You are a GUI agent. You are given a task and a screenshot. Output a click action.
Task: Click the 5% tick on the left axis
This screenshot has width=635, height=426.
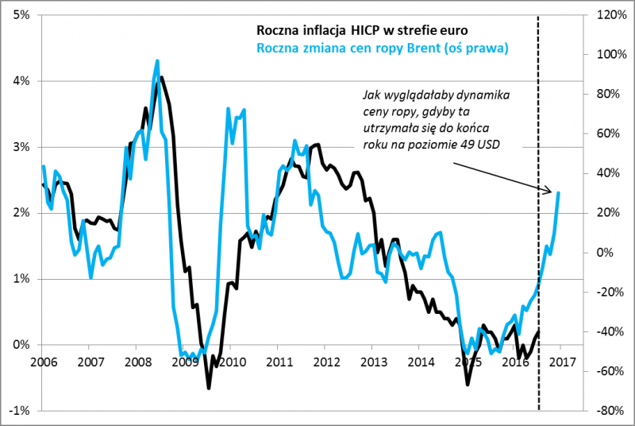coord(21,15)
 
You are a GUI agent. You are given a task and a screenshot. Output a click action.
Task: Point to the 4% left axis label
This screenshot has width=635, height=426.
coord(21,81)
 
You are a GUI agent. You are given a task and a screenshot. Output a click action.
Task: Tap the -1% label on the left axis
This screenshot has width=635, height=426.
coord(20,411)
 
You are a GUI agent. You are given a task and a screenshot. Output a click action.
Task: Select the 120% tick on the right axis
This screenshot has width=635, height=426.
coord(604,15)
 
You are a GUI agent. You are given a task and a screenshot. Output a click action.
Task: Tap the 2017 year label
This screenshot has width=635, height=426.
coord(560,362)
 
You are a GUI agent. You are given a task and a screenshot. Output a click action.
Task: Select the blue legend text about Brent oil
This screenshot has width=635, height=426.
coord(382,48)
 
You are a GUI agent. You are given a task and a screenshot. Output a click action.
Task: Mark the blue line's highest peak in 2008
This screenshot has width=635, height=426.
coord(157,60)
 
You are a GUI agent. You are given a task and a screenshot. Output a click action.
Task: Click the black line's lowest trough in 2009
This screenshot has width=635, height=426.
coord(209,388)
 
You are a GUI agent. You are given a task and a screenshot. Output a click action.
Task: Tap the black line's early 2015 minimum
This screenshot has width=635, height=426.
coord(468,385)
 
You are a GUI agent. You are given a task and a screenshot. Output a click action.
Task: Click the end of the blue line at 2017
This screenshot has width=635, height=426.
coord(559,192)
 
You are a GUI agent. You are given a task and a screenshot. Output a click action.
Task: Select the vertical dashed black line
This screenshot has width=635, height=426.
coord(539,238)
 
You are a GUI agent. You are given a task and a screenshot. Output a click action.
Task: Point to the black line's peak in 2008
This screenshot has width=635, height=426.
coord(162,77)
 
